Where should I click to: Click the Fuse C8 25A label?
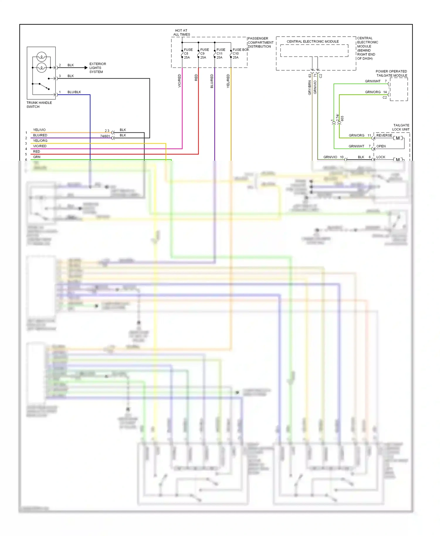[188, 54]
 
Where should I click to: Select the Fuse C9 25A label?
[204, 54]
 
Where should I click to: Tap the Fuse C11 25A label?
[221, 54]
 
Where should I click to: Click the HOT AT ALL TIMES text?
[181, 33]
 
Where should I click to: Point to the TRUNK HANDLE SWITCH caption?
[39, 105]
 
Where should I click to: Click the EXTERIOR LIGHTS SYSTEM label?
[97, 68]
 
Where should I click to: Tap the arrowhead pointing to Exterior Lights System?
[86, 68]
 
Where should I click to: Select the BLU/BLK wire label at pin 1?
[74, 92]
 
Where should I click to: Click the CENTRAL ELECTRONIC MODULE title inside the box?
[312, 42]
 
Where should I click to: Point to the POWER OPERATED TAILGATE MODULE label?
[391, 73]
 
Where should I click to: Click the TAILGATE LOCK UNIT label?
[401, 127]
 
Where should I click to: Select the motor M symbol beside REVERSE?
[398, 138]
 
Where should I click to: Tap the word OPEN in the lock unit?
[381, 146]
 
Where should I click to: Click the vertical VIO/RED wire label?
[180, 81]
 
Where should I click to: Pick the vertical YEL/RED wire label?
[228, 81]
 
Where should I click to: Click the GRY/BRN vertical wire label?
[309, 87]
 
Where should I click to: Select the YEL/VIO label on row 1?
[39, 130]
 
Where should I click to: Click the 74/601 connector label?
[105, 136]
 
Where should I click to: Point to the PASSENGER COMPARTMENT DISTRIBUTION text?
[260, 43]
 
